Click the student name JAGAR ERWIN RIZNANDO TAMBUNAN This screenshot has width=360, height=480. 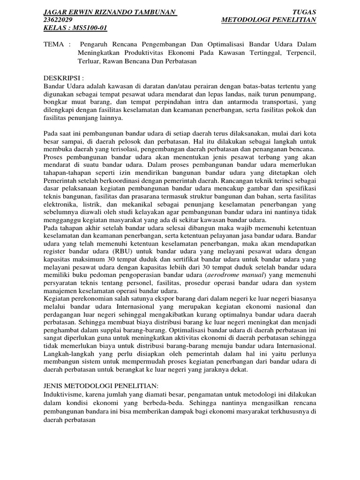110,12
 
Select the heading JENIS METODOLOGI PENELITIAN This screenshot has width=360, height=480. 101,385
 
